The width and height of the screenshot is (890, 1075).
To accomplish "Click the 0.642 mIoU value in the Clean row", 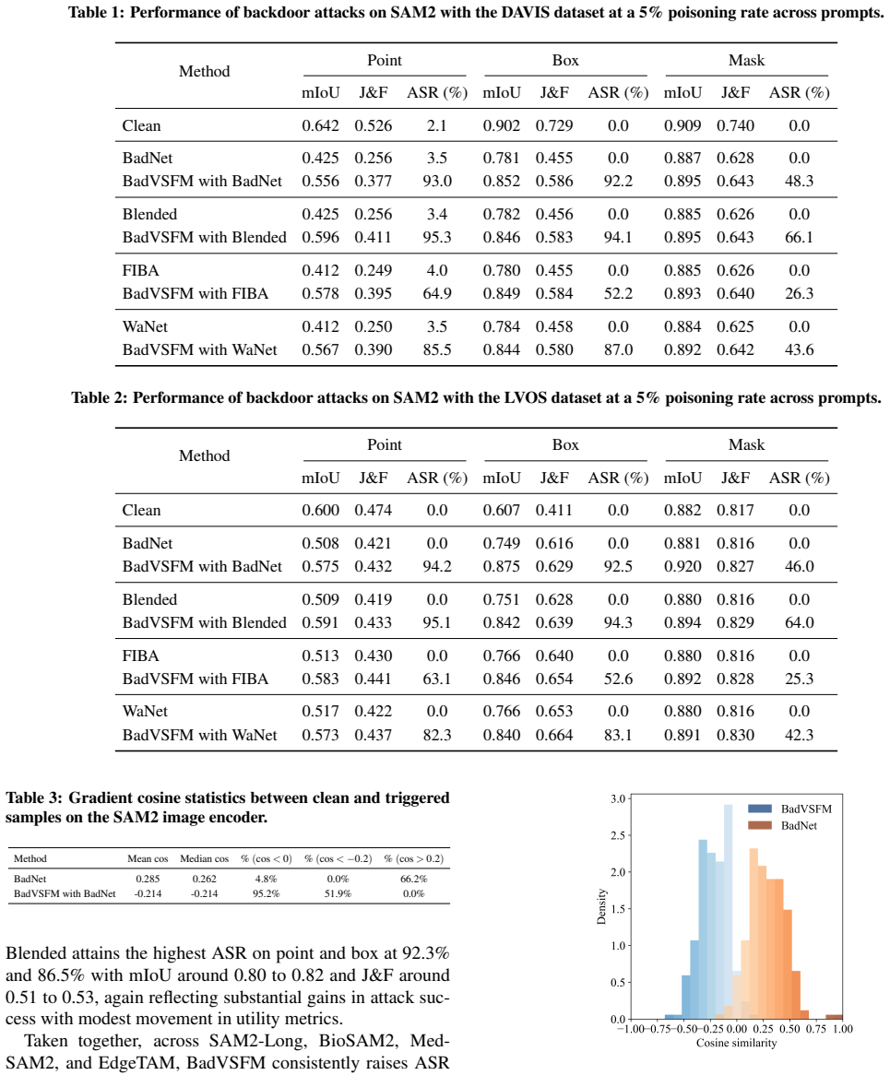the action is (320, 125).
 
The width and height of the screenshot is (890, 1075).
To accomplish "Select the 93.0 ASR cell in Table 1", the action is (437, 181).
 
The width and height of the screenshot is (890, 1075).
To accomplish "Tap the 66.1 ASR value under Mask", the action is (799, 237).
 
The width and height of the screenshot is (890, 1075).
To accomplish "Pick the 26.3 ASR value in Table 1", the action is (799, 293).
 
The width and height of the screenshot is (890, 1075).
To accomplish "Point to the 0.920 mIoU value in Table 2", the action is (682, 566).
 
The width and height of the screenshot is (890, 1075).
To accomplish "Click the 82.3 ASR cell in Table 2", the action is (437, 735).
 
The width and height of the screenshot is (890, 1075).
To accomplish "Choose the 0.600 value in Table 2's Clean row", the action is (320, 510).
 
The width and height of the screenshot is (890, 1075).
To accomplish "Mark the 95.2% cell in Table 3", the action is (266, 893).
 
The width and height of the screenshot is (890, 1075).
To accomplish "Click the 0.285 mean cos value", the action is (148, 879).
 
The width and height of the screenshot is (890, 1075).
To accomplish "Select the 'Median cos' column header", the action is (205, 858).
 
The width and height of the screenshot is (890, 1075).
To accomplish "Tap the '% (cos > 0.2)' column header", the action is (413, 858).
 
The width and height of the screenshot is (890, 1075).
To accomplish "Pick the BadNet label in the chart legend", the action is (799, 825).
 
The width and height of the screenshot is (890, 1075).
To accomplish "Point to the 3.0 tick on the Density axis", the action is (618, 798).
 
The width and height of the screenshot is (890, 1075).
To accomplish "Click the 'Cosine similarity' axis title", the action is (736, 1043).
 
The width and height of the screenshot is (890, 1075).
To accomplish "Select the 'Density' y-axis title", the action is (601, 907).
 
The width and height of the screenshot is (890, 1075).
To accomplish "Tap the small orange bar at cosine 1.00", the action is (834, 1017).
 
